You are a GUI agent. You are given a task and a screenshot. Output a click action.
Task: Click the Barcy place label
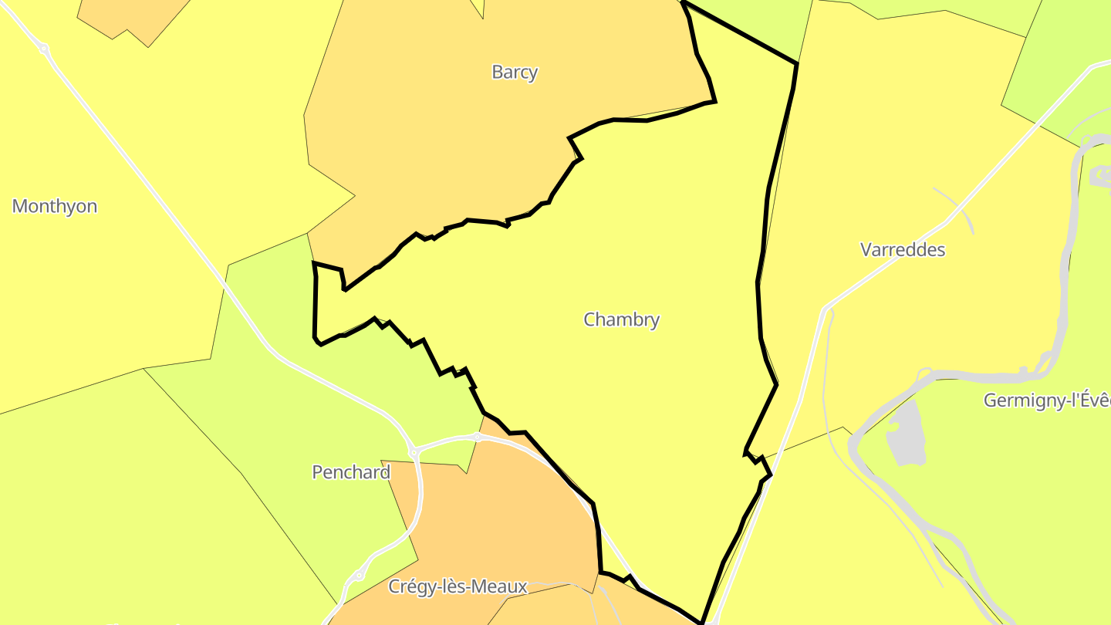click(515, 73)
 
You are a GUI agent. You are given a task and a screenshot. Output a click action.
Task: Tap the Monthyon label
click(55, 207)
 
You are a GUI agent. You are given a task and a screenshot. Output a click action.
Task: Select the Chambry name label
click(621, 319)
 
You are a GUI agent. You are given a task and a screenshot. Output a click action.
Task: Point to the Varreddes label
click(902, 250)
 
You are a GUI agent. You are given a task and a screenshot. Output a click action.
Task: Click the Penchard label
click(351, 472)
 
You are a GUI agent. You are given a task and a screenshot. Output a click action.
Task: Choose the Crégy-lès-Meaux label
click(458, 586)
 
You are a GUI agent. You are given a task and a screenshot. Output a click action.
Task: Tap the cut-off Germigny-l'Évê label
click(1046, 400)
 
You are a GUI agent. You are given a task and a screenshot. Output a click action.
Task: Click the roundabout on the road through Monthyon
click(44, 49)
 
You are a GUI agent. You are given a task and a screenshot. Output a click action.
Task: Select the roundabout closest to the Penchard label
click(414, 452)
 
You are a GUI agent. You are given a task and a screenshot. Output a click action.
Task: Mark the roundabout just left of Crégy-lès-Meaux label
click(359, 576)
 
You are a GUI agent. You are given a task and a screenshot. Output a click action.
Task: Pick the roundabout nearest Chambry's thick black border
click(478, 437)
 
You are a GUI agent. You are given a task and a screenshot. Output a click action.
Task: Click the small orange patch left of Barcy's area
click(131, 15)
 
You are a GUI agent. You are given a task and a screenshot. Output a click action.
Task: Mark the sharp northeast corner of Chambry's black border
click(796, 63)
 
